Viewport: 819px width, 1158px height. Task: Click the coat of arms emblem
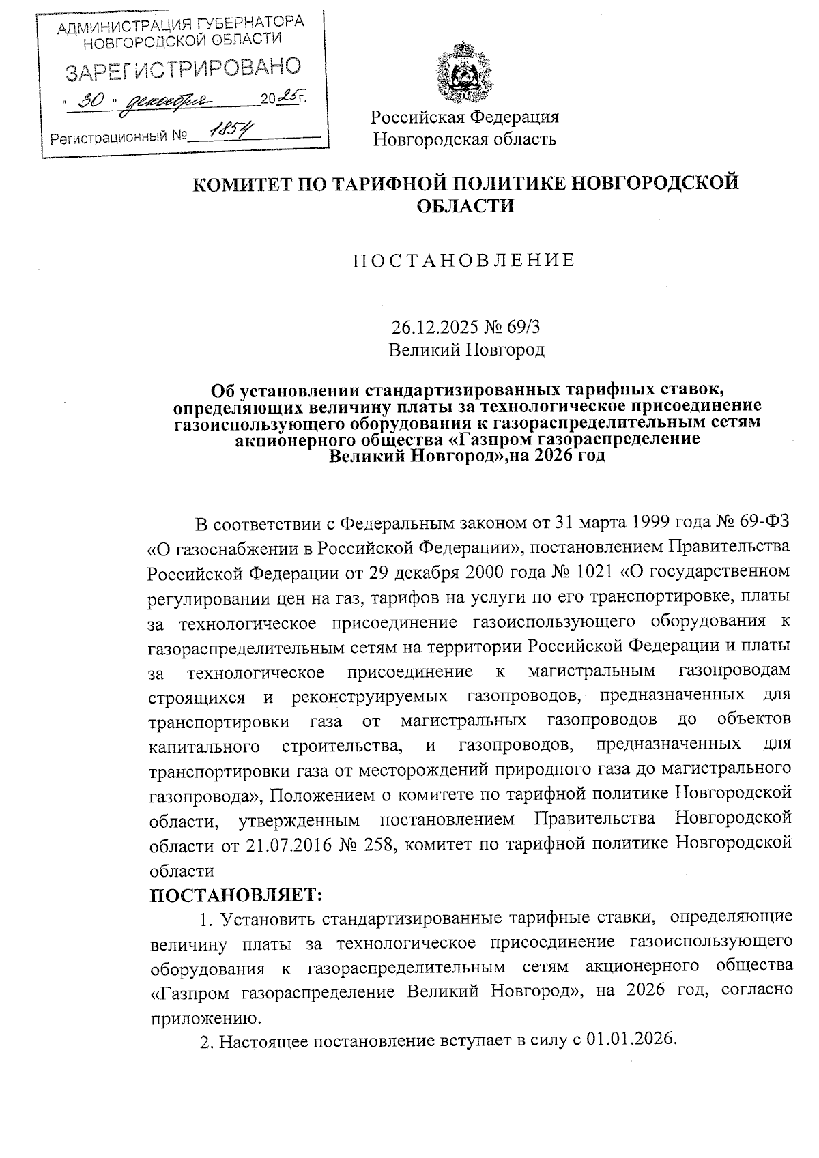(464, 73)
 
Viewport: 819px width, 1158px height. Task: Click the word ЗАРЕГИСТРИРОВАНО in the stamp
(182, 69)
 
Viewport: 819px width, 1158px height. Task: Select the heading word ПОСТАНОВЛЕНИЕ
(464, 260)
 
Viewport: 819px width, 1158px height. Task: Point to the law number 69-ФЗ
(762, 524)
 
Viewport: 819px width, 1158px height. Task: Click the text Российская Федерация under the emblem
(464, 117)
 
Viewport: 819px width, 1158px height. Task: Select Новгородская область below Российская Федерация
(464, 140)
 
